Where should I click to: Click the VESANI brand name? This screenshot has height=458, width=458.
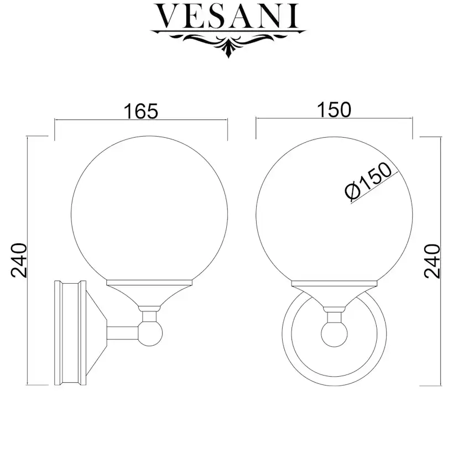click(226, 16)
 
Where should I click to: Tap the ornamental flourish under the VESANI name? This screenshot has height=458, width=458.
click(228, 43)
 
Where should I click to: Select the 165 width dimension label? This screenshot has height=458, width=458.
click(141, 111)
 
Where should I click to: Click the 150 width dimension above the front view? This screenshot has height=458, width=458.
click(334, 110)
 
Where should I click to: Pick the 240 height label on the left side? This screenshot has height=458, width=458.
click(19, 261)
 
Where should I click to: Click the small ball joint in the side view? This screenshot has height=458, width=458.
click(150, 334)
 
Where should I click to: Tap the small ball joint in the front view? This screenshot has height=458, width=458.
click(334, 334)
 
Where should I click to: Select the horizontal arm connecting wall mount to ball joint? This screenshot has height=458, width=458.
click(123, 334)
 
